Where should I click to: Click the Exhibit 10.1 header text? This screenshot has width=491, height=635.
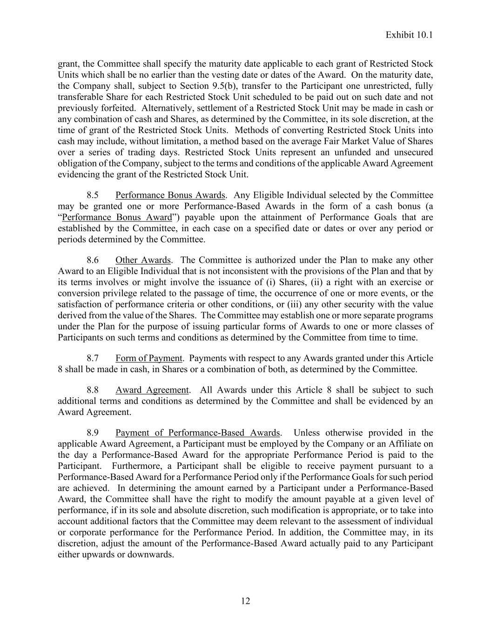(409, 35)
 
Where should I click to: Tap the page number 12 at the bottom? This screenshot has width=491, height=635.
(245, 601)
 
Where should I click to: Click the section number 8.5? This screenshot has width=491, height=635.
(93, 195)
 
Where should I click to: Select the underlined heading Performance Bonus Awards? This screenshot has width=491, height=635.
(170, 195)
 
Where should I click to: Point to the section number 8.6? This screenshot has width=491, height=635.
(93, 260)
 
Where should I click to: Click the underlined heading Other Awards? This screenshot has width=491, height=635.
(143, 260)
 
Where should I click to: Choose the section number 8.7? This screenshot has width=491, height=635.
(93, 358)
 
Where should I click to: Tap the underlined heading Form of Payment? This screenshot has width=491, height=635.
(148, 358)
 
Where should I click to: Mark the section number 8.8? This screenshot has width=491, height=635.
(93, 390)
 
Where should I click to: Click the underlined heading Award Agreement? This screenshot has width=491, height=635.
(152, 390)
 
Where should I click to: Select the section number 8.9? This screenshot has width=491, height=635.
(93, 433)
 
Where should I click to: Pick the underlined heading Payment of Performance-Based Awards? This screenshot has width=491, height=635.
(198, 433)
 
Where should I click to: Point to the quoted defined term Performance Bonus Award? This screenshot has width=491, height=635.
(117, 217)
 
